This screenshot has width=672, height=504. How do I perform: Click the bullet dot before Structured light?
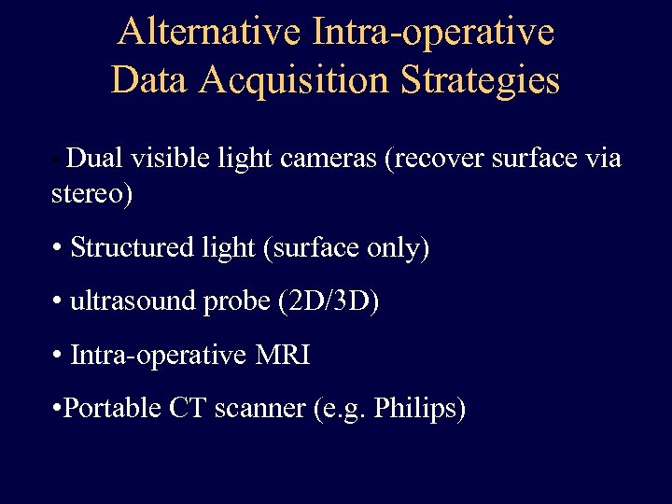tap(58, 248)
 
